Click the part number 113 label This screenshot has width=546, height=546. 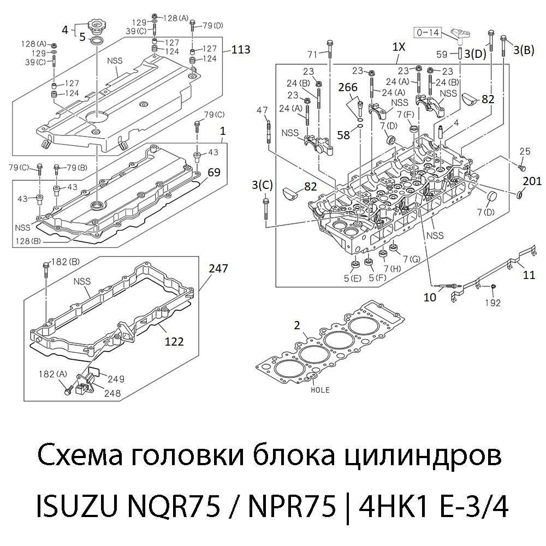240,50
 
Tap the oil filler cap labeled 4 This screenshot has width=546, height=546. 96,25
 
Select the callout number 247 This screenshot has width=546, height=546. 218,268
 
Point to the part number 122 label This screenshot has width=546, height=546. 174,342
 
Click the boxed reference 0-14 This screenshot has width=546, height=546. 428,33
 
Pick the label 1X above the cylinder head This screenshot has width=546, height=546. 399,48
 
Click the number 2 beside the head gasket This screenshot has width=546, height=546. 296,325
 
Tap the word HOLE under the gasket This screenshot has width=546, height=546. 320,390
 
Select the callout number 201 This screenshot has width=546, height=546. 532,181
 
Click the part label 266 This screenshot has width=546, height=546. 348,87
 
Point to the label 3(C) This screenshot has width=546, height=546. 262,185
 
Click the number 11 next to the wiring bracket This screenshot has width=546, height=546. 529,275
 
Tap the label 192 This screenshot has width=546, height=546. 492,303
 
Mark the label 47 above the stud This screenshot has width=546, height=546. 263,110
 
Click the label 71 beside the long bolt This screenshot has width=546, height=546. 312,54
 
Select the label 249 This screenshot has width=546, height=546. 116,378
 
